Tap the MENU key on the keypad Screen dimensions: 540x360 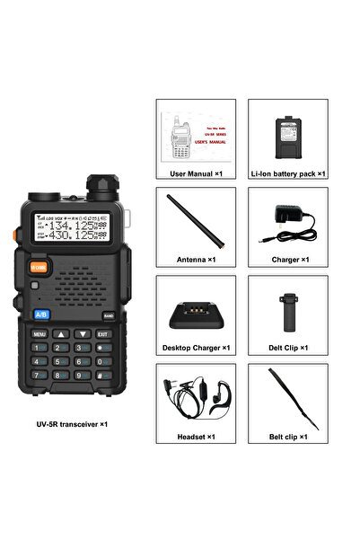pyautogui.click(x=40, y=334)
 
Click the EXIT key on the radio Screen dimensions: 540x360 pyautogui.click(x=101, y=334)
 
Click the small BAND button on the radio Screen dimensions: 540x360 pyautogui.click(x=108, y=315)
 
